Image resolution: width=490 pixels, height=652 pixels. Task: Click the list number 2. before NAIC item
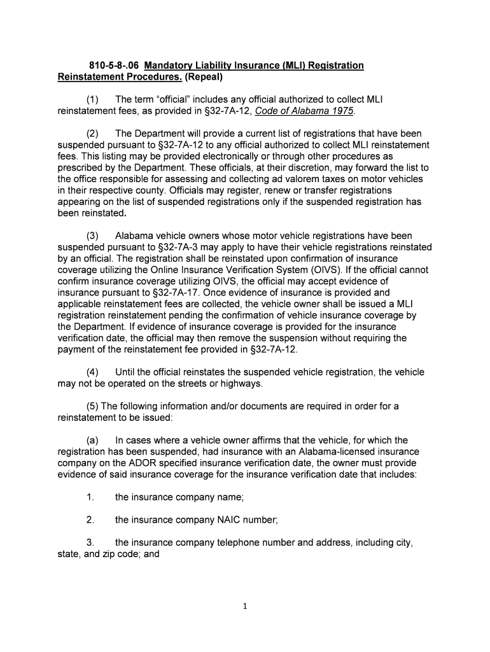pos(90,520)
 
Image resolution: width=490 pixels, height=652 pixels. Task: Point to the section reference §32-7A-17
pos(167,292)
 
